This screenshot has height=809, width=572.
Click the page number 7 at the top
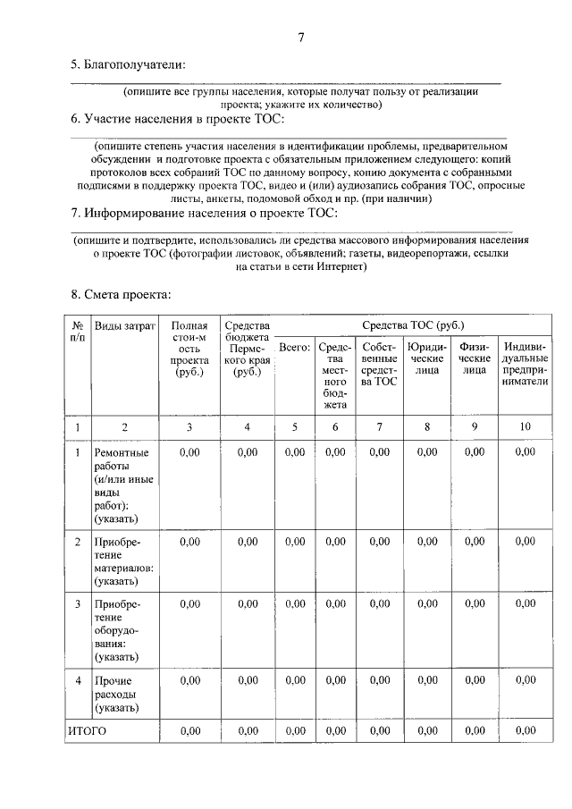[301, 38]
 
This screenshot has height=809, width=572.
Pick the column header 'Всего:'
[294, 347]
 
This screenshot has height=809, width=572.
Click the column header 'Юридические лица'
[426, 358]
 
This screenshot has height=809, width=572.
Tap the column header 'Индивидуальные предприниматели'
[526, 366]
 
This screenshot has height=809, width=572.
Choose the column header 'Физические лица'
[474, 358]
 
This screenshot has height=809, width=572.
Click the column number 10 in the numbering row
[526, 427]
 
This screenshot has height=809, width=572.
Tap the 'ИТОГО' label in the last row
[88, 730]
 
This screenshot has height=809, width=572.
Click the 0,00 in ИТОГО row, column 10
[526, 730]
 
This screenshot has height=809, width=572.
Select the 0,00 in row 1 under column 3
[189, 452]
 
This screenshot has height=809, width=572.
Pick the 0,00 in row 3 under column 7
[379, 604]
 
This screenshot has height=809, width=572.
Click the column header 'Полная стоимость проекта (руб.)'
[189, 349]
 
